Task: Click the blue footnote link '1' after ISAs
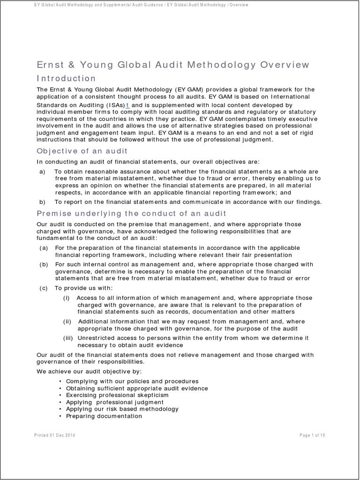click(x=127, y=105)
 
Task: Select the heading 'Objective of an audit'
click(x=82, y=151)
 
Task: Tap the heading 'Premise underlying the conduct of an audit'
click(x=125, y=214)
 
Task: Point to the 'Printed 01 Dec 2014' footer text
click(x=55, y=435)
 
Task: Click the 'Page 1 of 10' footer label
click(x=312, y=435)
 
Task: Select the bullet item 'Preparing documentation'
click(x=104, y=416)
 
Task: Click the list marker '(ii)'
click(x=68, y=322)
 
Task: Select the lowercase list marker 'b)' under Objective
click(x=42, y=202)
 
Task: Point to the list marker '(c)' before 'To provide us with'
click(x=44, y=288)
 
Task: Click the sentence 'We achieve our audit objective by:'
click(x=85, y=371)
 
